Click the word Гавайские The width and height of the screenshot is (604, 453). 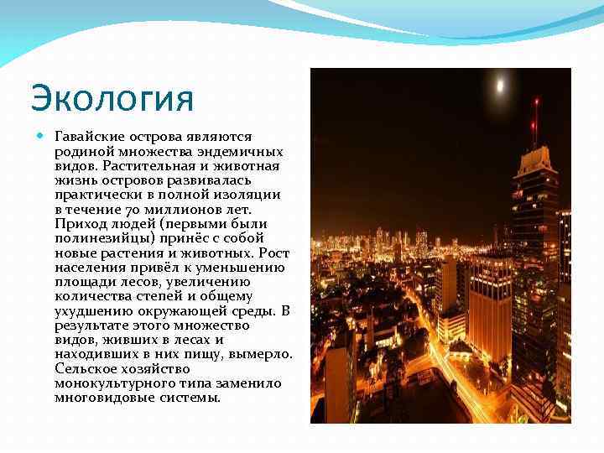(x=90, y=136)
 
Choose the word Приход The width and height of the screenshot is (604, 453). (x=78, y=224)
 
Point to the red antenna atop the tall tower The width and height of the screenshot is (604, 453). (x=535, y=117)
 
